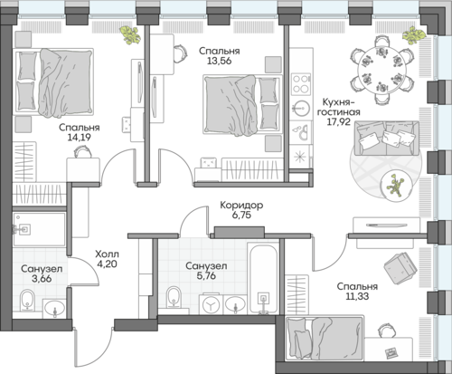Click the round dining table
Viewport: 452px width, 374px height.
point(381,70)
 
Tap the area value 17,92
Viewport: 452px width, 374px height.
point(339,122)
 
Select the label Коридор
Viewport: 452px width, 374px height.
point(241,206)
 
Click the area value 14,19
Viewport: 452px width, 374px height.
point(80,138)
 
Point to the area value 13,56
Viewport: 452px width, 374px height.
point(220,61)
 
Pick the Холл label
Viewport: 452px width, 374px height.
point(107,254)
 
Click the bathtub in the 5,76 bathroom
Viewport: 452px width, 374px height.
point(263,279)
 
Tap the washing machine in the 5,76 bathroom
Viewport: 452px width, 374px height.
point(211,304)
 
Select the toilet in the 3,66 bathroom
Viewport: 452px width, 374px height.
point(28,300)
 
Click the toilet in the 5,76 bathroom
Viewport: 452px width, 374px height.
point(174,297)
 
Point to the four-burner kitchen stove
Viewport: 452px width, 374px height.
point(301,84)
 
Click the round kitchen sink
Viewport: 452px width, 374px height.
point(301,108)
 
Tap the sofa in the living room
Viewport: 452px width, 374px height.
point(387,139)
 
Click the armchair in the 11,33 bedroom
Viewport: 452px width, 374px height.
point(400,269)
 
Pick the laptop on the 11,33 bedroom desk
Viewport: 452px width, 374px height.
point(391,352)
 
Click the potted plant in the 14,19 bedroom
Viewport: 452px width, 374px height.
point(130,35)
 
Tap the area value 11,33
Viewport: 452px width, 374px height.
point(357,296)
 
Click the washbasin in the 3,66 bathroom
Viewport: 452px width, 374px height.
point(54,309)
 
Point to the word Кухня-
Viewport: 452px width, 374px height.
point(336,102)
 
